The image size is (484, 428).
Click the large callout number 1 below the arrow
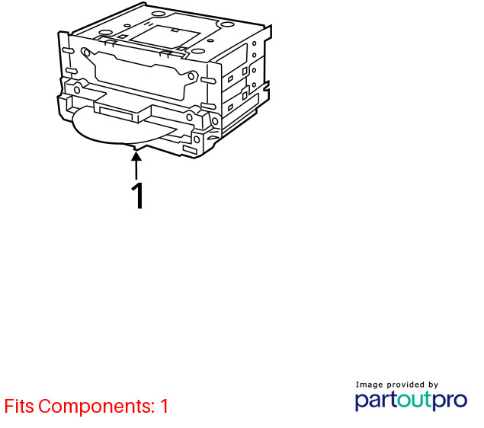tap(137, 196)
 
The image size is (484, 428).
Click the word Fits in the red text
tap(19, 406)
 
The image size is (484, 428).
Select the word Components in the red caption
tap(96, 407)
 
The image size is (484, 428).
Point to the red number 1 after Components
tap(164, 406)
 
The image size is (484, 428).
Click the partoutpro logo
tap(411, 401)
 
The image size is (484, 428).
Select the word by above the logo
tap(434, 385)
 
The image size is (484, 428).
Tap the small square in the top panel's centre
tap(175, 30)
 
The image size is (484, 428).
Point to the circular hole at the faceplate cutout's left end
tap(87, 53)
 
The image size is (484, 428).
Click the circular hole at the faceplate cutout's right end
tap(191, 76)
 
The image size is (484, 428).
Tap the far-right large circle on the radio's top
tap(227, 24)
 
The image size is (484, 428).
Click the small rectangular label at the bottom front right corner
tap(190, 150)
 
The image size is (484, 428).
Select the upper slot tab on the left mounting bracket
tap(68, 50)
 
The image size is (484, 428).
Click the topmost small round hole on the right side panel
tap(255, 43)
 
